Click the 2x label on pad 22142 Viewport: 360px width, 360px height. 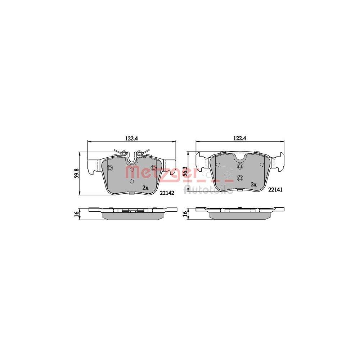click(145, 188)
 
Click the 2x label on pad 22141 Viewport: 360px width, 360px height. click(253, 184)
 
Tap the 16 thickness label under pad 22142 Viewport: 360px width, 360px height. click(77, 213)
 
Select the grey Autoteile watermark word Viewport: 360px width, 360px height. click(208, 189)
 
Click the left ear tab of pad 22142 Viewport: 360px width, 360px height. click(94, 165)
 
